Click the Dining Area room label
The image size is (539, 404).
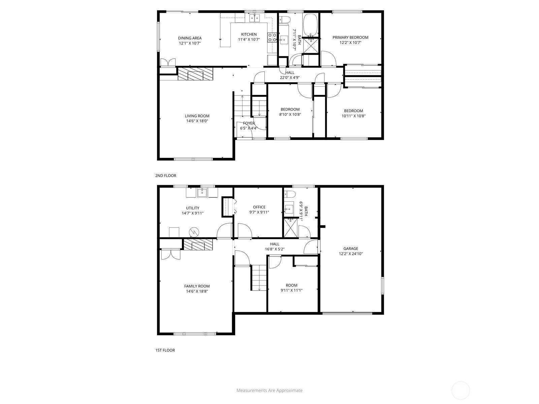(190, 38)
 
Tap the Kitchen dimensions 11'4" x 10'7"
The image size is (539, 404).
(249, 39)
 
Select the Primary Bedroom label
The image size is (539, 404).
(350, 37)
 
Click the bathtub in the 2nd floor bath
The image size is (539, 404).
(311, 25)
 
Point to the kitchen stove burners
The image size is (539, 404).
(272, 37)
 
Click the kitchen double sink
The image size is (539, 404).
(255, 18)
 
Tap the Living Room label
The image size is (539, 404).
(197, 116)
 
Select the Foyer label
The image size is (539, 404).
(249, 123)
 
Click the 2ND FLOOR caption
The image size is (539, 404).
(166, 176)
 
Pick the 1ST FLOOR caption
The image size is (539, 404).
(165, 350)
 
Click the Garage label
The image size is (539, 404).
(351, 248)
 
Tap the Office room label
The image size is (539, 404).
(259, 207)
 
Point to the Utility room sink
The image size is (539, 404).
(202, 193)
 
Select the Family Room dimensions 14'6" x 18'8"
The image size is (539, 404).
(197, 292)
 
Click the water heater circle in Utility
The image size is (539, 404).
(194, 232)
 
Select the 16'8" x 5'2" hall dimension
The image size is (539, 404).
(275, 249)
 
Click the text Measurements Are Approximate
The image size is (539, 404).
(269, 390)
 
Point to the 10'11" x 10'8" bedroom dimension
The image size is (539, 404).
(353, 116)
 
